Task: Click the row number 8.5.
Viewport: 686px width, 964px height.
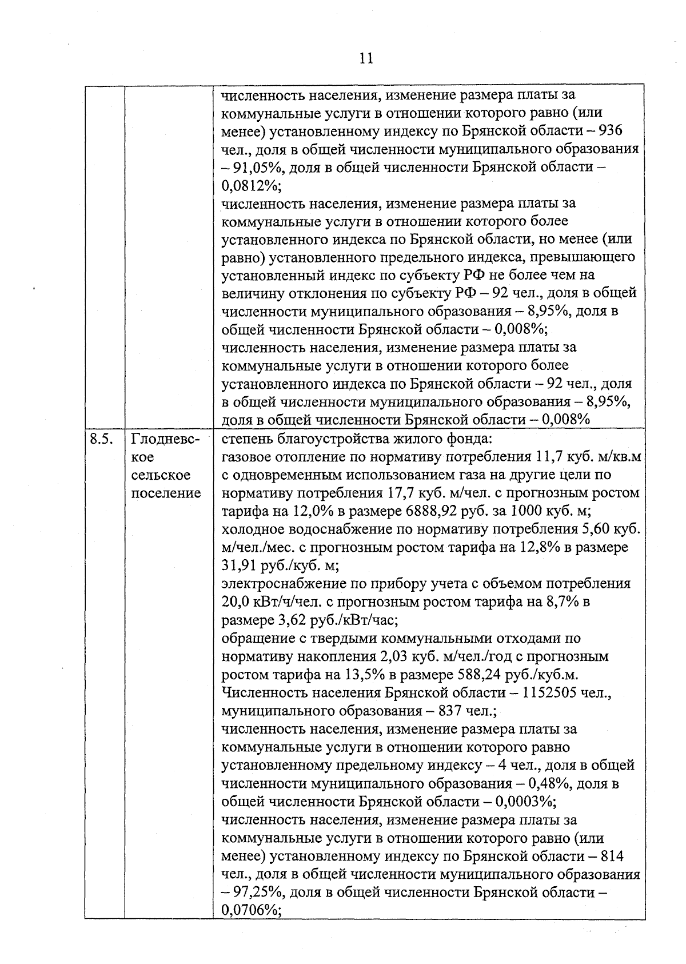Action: point(101,440)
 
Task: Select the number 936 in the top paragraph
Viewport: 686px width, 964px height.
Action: point(611,131)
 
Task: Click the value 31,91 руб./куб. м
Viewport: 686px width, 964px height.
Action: point(280,565)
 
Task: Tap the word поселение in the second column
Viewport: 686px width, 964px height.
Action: point(166,493)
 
